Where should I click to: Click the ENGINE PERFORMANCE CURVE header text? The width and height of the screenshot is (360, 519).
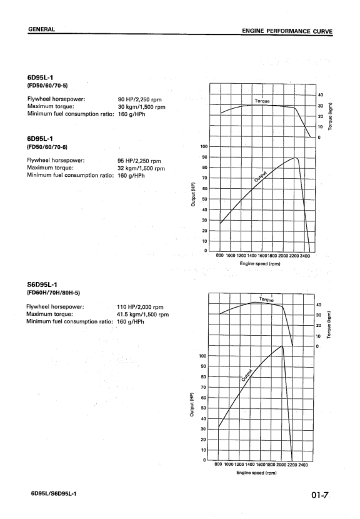tap(287, 30)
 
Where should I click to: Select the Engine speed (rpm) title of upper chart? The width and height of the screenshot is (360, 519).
tap(258, 263)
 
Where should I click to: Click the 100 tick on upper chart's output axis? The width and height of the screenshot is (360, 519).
tap(204, 147)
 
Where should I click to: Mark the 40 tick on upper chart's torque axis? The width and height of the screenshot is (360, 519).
tap(320, 95)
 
